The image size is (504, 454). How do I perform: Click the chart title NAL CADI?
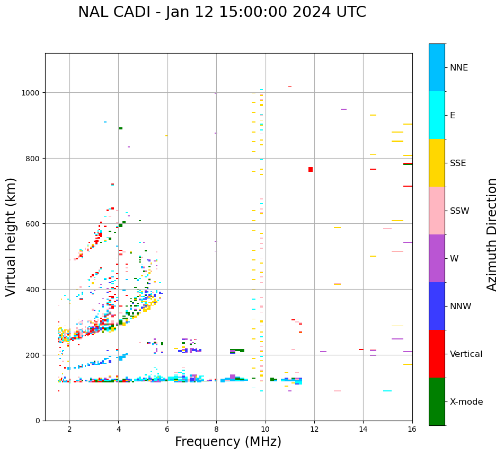(x=222, y=12)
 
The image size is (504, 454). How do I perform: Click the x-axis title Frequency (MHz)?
(x=228, y=442)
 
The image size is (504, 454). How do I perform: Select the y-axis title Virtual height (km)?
(x=12, y=237)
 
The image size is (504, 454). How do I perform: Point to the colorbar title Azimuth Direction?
(x=492, y=234)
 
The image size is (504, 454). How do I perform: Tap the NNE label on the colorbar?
(x=459, y=68)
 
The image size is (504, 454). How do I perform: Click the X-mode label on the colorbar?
(x=466, y=402)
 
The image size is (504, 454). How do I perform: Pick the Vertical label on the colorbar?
(x=466, y=354)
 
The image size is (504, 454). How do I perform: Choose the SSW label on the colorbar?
(x=459, y=211)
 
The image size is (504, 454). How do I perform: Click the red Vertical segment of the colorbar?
(x=437, y=354)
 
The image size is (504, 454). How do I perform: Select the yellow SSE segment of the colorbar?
(x=437, y=163)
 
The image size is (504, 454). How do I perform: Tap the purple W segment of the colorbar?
(x=437, y=258)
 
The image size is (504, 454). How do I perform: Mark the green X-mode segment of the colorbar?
(x=437, y=401)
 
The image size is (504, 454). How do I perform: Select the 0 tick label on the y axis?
(x=38, y=421)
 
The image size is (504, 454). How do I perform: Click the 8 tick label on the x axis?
(x=216, y=429)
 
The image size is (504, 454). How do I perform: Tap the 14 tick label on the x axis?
(x=363, y=429)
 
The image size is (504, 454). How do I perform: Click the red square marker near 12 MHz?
(x=311, y=169)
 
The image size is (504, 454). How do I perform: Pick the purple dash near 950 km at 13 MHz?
(x=343, y=109)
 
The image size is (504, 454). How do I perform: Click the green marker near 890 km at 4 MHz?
(x=121, y=128)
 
